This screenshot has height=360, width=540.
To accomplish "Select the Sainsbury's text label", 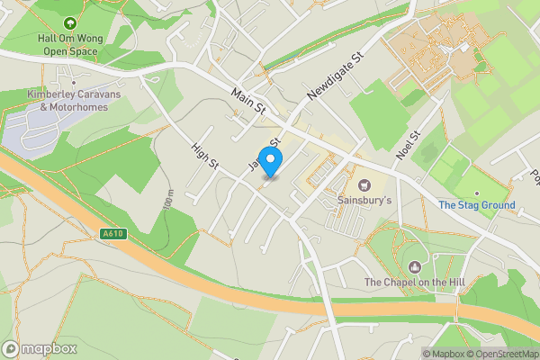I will click(364, 200).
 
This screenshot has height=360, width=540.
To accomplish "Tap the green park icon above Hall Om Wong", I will click(70, 22).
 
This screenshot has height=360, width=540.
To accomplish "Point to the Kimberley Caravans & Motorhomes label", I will click(67, 102).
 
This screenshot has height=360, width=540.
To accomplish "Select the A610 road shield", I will click(112, 234).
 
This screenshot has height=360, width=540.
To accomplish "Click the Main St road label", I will click(249, 101).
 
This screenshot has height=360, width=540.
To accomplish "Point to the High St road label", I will click(205, 154).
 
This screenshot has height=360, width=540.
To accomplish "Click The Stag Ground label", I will click(477, 205).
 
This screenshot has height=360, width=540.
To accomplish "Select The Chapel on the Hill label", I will click(415, 283).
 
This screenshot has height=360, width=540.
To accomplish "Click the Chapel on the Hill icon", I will click(415, 267).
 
